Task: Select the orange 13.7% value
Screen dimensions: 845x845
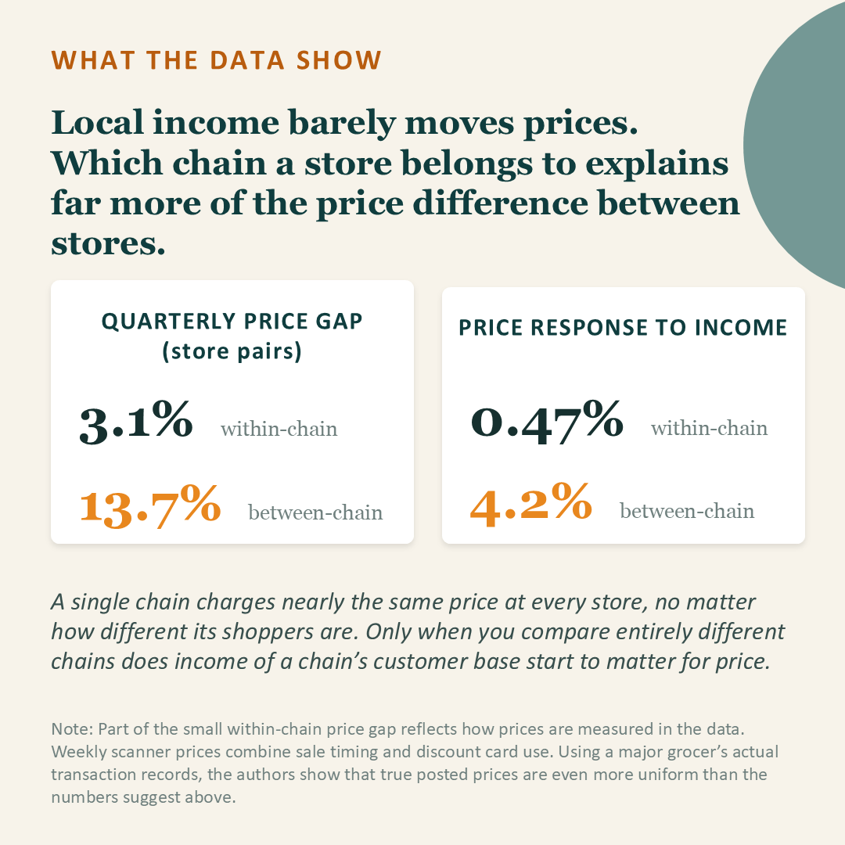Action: coord(150,505)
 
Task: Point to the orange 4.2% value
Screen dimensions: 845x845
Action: coord(530,504)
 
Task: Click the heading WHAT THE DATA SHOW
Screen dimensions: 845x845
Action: coord(217,59)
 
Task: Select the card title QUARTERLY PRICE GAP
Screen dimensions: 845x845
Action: coord(232,322)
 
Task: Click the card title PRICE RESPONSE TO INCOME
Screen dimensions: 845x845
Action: coord(623,328)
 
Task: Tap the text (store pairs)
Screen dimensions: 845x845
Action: coord(232,351)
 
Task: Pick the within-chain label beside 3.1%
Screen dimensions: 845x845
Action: coord(279,429)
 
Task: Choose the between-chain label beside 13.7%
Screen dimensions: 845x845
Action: coord(315,512)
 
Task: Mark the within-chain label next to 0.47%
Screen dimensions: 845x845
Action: coord(709,428)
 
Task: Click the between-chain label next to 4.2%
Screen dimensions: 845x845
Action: coord(687,511)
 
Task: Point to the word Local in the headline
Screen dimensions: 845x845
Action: coord(98,122)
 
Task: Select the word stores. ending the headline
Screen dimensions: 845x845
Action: coord(108,243)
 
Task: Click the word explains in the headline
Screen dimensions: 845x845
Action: coord(657,164)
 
